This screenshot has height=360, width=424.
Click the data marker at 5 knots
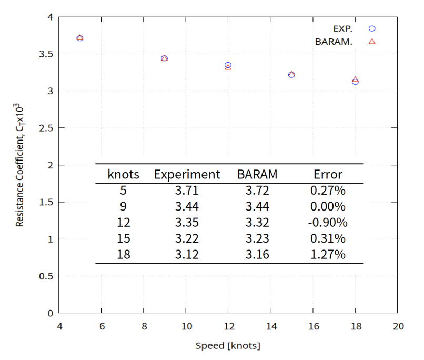tap(80, 38)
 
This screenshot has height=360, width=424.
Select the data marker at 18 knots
tap(355, 81)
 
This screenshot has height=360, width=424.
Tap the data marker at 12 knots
tap(228, 66)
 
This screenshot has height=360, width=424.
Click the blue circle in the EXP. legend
tap(372, 28)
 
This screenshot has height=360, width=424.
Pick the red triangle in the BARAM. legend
tap(372, 41)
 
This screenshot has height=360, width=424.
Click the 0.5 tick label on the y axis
tap(47, 276)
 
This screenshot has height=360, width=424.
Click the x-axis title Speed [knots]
tap(228, 346)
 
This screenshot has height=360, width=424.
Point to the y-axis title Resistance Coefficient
tap(20, 165)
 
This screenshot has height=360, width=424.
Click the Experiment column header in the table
tap(187, 174)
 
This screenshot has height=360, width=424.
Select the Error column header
tap(328, 174)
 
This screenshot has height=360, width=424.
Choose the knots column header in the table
tap(124, 174)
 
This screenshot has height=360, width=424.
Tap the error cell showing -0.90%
tap(328, 222)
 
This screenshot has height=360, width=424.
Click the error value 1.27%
tap(328, 255)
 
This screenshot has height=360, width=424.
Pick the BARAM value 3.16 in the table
tap(257, 255)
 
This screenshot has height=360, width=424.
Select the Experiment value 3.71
tap(187, 190)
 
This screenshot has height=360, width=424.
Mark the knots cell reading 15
tap(124, 238)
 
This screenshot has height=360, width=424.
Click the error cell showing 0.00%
tap(328, 206)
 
